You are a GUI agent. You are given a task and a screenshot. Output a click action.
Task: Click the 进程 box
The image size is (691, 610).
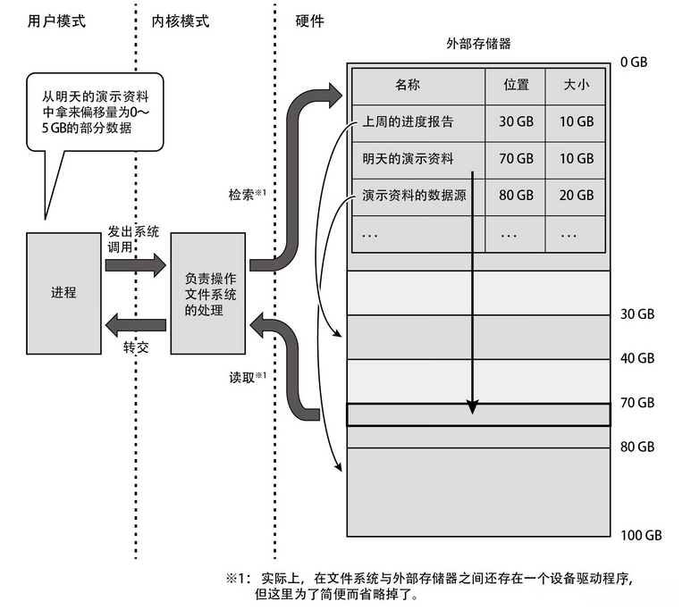pos(63,293)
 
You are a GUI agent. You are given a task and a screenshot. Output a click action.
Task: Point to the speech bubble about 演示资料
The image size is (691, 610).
pos(86,113)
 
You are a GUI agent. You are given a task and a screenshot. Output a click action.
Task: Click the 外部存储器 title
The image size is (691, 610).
pos(478,43)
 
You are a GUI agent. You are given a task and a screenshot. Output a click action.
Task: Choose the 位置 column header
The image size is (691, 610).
pos(516,85)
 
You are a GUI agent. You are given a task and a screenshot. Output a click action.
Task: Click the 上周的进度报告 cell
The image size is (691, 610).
pos(409,121)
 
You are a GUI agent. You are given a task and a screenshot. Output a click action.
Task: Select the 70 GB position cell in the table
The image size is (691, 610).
pos(516,158)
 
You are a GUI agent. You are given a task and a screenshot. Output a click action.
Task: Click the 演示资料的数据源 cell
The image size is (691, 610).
pos(415,195)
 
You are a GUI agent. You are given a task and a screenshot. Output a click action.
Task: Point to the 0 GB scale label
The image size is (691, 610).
pos(636,63)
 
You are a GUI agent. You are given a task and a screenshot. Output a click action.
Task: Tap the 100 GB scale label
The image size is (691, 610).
pos(640,535)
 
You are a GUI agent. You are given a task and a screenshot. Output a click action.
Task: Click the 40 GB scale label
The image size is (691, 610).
pos(636,358)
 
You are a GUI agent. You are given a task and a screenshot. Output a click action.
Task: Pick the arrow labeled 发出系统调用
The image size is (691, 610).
pos(135,263)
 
